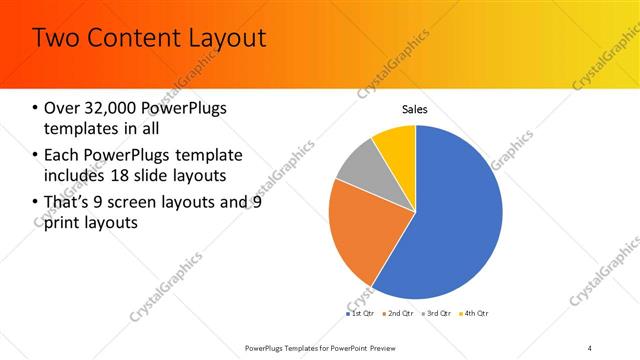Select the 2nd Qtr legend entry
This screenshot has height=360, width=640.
pos(400,313)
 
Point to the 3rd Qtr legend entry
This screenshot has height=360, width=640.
pos(437,313)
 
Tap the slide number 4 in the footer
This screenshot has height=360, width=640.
pos(590,346)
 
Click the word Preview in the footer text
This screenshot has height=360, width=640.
pos(392,347)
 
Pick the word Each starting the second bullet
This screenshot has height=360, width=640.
pos(62,155)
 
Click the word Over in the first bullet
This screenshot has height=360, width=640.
pos(62,108)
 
